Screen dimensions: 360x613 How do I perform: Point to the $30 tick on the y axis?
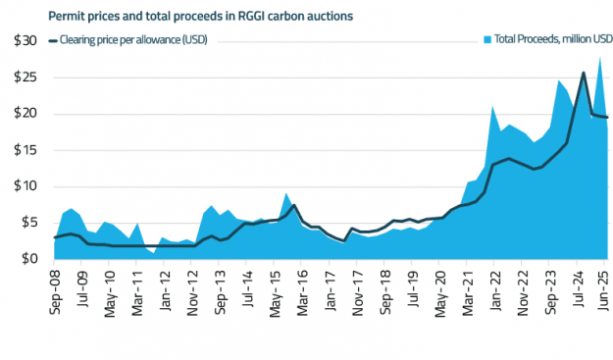24,40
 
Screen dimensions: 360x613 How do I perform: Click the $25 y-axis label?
24,77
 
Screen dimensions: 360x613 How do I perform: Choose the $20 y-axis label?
24,113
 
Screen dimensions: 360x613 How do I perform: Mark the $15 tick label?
24,149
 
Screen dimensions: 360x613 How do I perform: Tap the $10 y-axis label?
24,185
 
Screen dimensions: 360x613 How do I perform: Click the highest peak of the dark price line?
584,73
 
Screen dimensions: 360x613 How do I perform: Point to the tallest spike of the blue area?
600,57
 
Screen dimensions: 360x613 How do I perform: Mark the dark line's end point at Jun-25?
607,118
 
